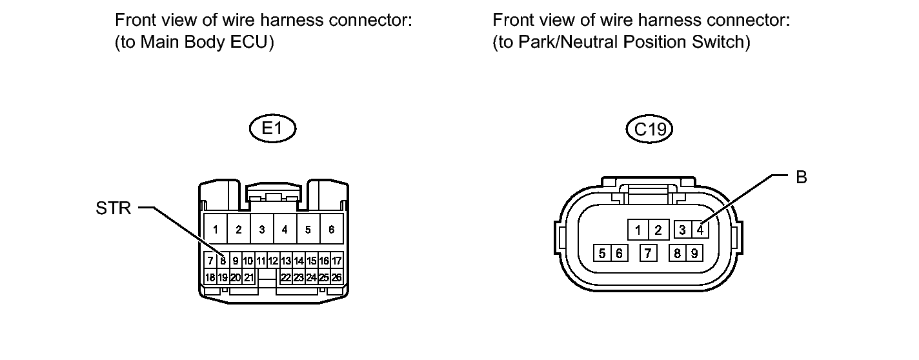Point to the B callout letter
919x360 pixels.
click(x=802, y=177)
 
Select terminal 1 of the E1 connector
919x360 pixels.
click(x=216, y=230)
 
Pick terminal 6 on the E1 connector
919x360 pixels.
click(x=331, y=230)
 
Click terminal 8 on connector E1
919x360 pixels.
click(x=223, y=261)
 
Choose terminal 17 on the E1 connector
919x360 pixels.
click(x=336, y=261)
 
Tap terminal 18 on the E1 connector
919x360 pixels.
click(x=210, y=277)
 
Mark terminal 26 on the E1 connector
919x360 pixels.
click(x=336, y=277)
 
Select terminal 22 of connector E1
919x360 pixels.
click(x=286, y=277)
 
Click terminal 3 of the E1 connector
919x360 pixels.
click(x=261, y=230)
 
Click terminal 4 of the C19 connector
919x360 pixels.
click(x=700, y=230)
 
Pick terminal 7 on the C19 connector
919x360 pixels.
click(x=648, y=254)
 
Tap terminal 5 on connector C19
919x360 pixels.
click(x=602, y=254)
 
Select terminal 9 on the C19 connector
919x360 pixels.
click(x=694, y=254)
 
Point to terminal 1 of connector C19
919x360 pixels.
click(x=638, y=230)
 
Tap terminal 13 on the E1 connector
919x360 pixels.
click(x=286, y=261)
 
